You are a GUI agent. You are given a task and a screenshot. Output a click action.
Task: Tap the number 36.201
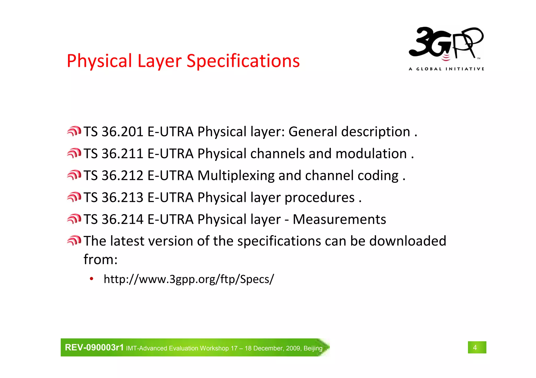122,132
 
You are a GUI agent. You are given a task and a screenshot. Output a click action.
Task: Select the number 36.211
122,154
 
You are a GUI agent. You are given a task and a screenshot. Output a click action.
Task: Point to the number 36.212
122,176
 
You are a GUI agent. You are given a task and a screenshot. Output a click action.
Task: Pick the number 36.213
122,197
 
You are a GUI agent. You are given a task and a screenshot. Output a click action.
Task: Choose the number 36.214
122,219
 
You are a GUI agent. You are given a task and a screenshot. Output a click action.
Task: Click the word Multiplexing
236,176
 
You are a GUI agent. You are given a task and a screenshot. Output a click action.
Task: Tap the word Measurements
339,219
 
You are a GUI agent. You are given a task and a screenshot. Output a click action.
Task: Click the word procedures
319,198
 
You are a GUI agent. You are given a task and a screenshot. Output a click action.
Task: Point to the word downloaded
407,241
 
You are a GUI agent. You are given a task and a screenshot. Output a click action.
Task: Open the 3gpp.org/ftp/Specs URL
189,279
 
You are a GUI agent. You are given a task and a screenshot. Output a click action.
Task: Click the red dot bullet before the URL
91,279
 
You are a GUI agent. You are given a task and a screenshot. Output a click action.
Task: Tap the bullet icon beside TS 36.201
74,131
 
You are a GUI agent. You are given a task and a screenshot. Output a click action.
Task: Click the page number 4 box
477,347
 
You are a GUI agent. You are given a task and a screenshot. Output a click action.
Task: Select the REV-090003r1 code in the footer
94,347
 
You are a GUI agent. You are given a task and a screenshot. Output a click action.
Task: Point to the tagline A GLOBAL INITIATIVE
446,69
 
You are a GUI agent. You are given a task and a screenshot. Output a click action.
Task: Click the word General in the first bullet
312,132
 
